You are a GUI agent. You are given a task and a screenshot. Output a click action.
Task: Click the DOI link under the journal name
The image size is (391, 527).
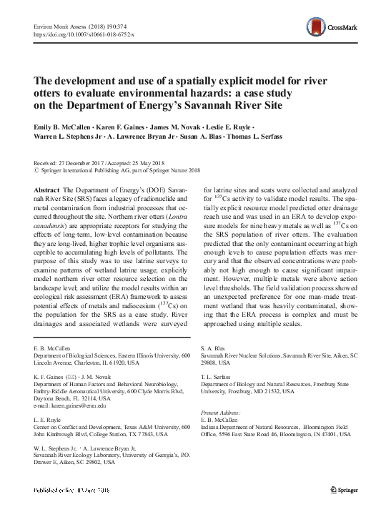tap(80, 34)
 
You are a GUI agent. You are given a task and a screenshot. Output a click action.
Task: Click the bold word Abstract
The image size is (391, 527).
tap(47, 184)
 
